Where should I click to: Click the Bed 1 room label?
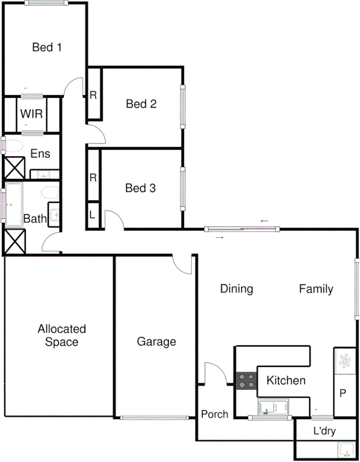(47, 47)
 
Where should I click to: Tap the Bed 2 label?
(141, 104)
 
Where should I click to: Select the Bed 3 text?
(141, 188)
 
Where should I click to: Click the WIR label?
(31, 114)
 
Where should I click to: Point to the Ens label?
(40, 154)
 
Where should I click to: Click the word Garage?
(156, 342)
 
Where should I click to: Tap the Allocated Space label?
(62, 335)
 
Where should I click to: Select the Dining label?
(236, 289)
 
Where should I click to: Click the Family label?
(316, 289)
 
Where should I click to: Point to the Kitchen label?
(286, 381)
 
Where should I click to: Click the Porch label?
(215, 414)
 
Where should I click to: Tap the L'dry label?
(324, 431)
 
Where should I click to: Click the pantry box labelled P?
(344, 393)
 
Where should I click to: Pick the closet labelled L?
(93, 215)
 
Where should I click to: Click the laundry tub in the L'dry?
(345, 450)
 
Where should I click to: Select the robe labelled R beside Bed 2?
(93, 95)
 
